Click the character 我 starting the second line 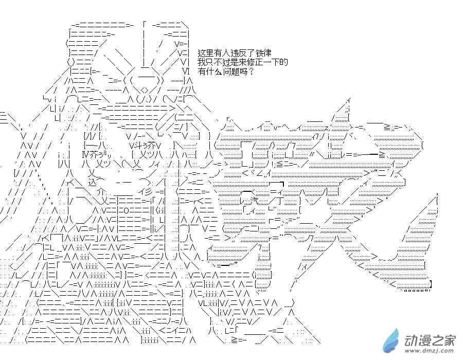point(202,62)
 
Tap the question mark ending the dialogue point(251,71)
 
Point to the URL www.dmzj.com point(430,351)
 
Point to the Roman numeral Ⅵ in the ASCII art point(185,71)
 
